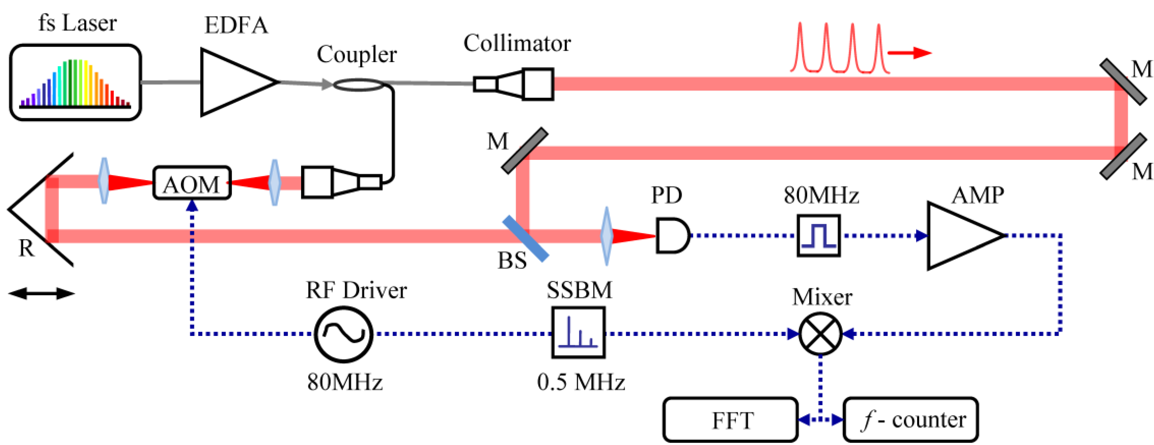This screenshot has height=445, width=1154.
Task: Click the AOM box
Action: pos(192,183)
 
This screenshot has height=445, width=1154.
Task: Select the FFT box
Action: pos(730,419)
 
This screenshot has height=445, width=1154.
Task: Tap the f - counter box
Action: pos(910,419)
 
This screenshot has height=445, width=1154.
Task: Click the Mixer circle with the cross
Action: pos(821,333)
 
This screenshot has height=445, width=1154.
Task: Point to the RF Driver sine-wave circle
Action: pos(343,334)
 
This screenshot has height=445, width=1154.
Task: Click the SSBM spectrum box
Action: pos(578,332)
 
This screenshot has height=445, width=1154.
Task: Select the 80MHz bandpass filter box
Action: pos(818,235)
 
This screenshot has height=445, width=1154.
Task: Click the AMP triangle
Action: pos(959,235)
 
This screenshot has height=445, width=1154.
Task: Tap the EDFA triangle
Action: pos(233,83)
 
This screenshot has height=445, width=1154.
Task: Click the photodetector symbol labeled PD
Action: pos(672,235)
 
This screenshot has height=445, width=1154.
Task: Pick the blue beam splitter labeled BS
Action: pos(525,239)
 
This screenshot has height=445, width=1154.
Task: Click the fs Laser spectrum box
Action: pos(76,83)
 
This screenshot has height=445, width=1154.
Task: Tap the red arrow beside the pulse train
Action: pos(910,53)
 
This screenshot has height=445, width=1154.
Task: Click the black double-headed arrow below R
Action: pos(41,294)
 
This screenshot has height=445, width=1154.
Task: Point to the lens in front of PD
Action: pos(607,236)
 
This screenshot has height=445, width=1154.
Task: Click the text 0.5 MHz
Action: pos(580,382)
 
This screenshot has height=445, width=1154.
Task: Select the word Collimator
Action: pos(517,43)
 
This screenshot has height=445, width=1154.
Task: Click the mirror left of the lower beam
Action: pos(524,151)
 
